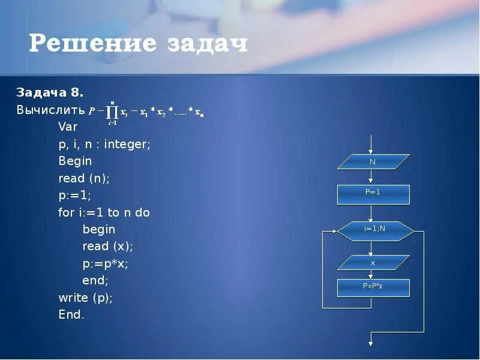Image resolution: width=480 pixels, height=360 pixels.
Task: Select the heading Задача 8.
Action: click(50, 93)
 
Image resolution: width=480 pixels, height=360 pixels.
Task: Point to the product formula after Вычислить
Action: click(146, 112)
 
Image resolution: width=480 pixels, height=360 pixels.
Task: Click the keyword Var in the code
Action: click(68, 127)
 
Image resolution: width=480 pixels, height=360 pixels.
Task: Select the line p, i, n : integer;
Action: click(104, 145)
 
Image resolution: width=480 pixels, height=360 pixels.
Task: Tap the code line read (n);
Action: click(84, 178)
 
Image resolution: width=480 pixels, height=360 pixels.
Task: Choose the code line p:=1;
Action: click(74, 196)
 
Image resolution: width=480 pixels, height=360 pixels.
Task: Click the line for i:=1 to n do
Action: click(104, 212)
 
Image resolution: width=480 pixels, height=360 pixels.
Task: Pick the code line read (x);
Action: click(107, 246)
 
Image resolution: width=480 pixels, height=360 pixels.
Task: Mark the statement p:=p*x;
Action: click(106, 263)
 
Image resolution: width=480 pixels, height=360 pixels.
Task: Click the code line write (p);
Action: click(85, 298)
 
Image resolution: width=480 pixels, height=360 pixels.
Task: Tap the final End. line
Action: click(71, 314)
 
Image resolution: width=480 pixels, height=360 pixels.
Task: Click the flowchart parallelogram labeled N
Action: click(373, 162)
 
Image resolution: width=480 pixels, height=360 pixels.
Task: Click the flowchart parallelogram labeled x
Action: click(373, 263)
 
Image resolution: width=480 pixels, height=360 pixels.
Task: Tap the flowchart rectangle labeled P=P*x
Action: click(373, 287)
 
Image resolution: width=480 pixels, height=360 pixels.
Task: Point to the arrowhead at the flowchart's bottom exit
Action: click(371, 343)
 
